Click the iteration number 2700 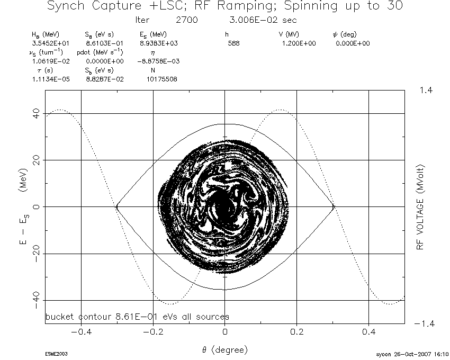187,20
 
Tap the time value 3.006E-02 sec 263,20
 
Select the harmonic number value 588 233,43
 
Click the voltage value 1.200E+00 299,43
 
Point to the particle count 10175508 162,79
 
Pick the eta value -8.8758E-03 158,61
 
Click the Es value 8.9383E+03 159,43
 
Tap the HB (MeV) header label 46,35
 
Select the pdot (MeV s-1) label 100,52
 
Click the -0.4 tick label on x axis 82,332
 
